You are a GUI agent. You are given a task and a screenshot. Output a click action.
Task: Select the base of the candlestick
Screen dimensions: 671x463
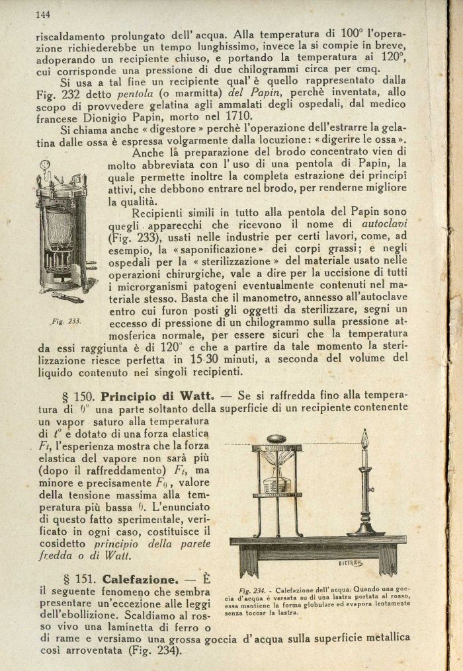(365, 531)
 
